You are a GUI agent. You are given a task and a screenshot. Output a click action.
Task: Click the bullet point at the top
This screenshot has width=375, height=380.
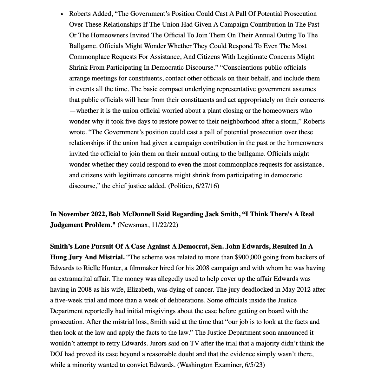62,14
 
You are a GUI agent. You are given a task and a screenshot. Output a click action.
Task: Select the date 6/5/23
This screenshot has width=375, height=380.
254,365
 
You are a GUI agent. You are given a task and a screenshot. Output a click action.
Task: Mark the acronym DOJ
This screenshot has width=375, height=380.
57,354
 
